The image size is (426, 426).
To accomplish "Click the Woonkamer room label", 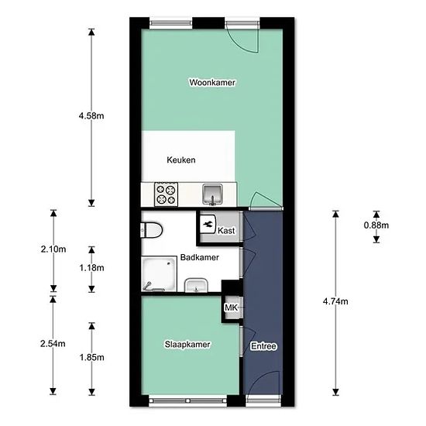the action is tap(212, 82).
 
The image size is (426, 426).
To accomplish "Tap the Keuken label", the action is tap(181, 160).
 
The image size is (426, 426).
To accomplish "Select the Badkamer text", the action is tap(200, 257).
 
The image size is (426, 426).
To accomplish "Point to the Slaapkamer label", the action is tap(187, 345).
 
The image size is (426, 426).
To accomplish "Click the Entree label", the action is tap(263, 346).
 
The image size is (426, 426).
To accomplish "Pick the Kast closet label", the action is tap(226, 231).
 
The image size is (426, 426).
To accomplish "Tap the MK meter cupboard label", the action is tap(231, 307).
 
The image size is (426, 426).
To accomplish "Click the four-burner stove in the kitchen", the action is tap(166, 194).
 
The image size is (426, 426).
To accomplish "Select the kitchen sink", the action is tap(213, 194).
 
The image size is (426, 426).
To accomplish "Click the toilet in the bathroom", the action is tap(151, 230).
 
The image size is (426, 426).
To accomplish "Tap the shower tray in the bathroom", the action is tap(159, 274).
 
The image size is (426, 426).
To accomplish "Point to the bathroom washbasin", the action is tap(196, 285).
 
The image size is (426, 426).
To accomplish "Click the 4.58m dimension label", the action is tap(91, 116).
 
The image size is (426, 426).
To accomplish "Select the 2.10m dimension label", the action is tap(53, 249).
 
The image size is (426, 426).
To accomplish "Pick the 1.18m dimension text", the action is tap(91, 268).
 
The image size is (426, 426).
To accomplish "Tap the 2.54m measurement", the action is tap(53, 344).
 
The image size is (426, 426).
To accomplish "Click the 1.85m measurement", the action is tap(91, 357).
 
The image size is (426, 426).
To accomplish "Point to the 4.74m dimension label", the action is tap(335, 301).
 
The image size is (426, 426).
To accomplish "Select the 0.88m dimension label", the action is tap(376, 225).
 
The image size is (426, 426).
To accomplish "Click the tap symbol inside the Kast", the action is tap(208, 224).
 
